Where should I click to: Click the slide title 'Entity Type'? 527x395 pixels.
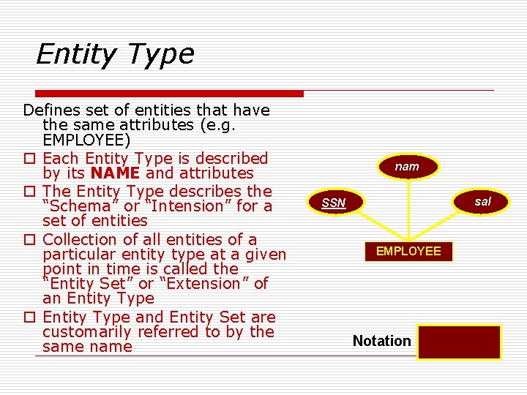pos(115,54)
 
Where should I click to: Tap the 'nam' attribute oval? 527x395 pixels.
pos(407,167)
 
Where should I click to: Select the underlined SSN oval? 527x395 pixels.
pos(334,203)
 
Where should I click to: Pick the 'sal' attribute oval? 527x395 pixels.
pos(482,201)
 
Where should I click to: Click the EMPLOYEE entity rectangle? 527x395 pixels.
pos(408,251)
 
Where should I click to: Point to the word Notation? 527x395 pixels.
pos(381,341)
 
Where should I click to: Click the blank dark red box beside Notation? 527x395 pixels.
pos(459,342)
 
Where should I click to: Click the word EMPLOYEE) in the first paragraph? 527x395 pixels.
pos(87,140)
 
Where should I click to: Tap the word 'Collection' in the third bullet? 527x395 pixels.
pos(81,239)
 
